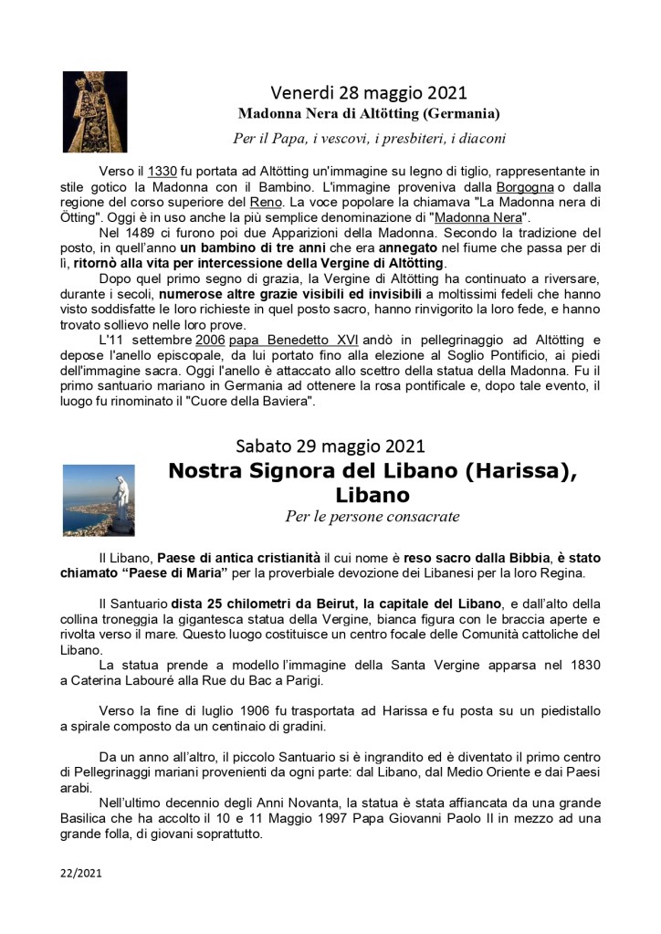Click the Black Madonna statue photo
(89, 111)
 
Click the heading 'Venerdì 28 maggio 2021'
(369, 92)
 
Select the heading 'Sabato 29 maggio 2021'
(330, 446)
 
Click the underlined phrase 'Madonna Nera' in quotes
(479, 217)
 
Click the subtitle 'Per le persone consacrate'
(372, 517)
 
